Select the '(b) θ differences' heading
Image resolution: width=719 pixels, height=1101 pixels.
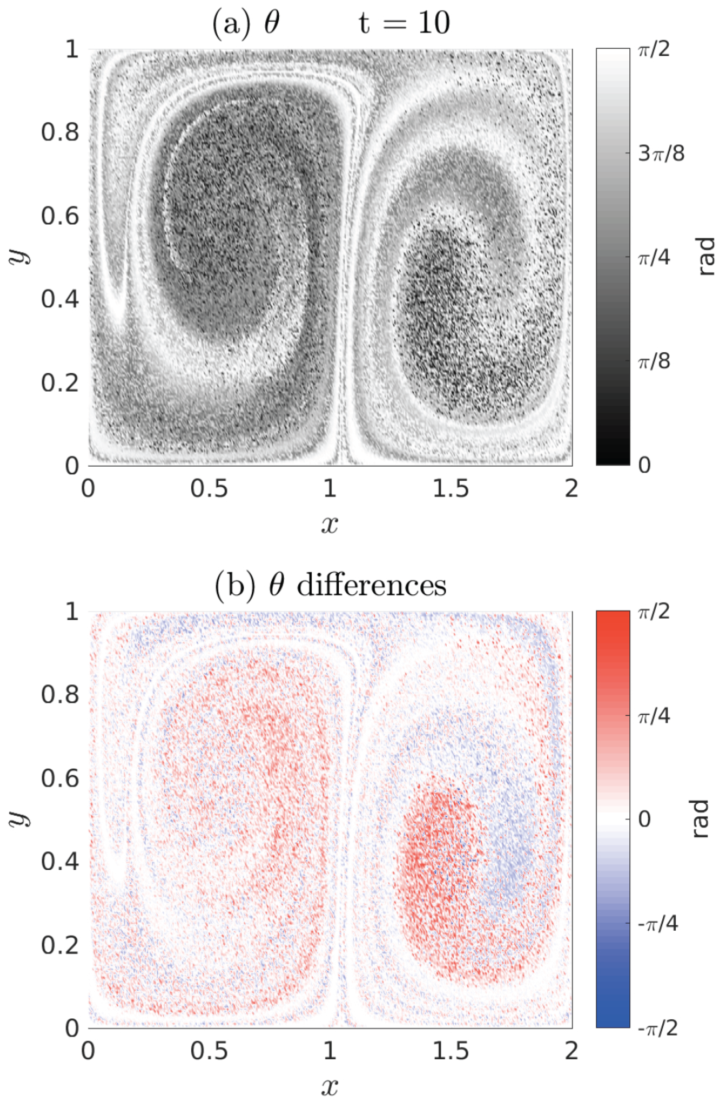331,585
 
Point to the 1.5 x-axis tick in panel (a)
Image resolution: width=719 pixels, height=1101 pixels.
451,488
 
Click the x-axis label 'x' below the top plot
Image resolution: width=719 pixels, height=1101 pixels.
330,524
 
